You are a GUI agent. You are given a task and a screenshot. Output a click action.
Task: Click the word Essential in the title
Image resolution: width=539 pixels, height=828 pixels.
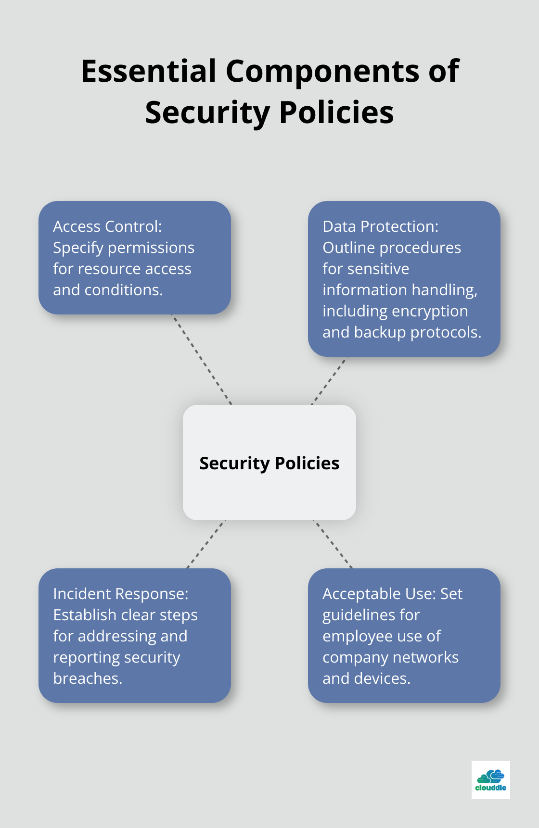tap(148, 71)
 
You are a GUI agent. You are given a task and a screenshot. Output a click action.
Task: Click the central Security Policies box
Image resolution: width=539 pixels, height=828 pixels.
tap(269, 463)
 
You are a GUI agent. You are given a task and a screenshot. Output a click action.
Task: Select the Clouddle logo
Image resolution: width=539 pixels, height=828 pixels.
tap(490, 779)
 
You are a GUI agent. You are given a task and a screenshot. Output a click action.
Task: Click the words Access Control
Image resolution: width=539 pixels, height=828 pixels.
tap(107, 226)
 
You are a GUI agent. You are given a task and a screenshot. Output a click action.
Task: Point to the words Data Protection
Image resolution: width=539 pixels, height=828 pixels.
tap(380, 226)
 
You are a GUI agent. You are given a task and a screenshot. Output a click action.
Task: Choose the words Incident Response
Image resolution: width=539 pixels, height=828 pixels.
tap(120, 594)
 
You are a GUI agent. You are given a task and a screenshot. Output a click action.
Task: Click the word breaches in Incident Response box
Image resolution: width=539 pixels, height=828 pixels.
tap(88, 678)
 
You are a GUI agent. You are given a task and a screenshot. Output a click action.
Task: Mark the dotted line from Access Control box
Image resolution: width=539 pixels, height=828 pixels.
tap(202, 359)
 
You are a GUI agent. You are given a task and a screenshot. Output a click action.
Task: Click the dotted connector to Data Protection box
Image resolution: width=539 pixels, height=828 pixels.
tap(330, 380)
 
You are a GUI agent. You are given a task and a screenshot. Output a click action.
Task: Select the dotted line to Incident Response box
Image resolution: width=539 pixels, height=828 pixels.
tap(205, 544)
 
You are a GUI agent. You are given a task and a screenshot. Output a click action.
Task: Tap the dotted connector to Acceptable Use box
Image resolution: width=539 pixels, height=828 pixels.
tap(333, 544)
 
